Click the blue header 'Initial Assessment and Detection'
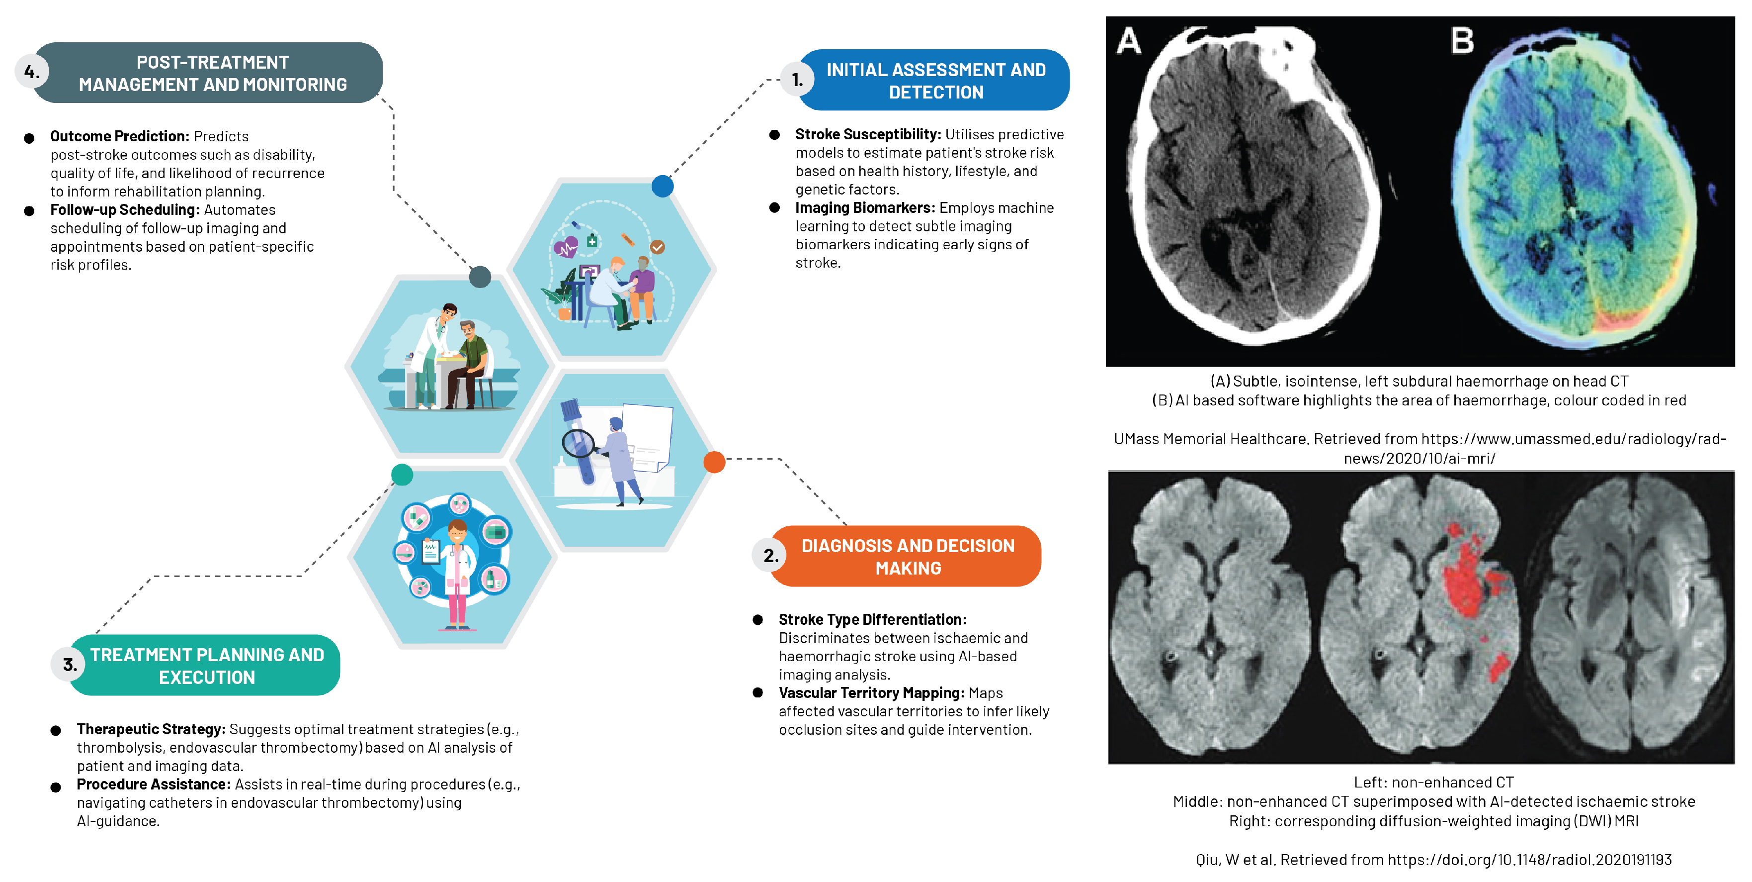click(x=935, y=80)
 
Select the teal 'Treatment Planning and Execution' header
click(x=207, y=666)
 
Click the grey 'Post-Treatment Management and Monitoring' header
click(x=212, y=73)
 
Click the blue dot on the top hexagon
click(x=663, y=186)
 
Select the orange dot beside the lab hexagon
click(x=714, y=462)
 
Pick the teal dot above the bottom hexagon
click(x=402, y=475)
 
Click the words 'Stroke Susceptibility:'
click(x=868, y=135)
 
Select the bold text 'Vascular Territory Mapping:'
click(x=871, y=693)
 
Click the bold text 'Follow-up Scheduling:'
click(x=124, y=209)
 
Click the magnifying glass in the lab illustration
click(x=578, y=443)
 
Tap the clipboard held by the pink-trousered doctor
click(x=430, y=551)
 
